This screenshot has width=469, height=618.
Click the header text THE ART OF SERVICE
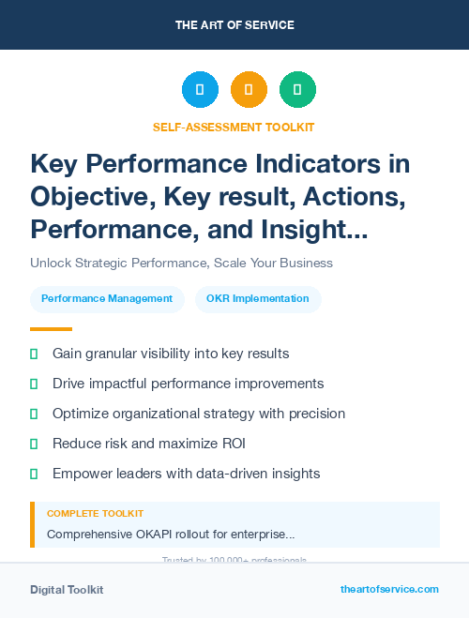(234, 25)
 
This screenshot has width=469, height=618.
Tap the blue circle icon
(200, 90)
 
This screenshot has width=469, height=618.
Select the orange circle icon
(249, 90)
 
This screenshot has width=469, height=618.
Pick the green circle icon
(297, 90)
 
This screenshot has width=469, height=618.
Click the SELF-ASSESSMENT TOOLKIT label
(234, 127)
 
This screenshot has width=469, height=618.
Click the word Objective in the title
(90, 197)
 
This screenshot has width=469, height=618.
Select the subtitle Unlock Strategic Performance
(181, 263)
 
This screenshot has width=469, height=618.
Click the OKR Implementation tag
(258, 299)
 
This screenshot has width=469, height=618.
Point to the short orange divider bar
(51, 329)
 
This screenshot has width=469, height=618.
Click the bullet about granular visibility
(171, 354)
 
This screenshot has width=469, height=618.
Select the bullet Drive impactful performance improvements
(188, 384)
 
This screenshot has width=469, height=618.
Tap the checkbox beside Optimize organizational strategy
(34, 414)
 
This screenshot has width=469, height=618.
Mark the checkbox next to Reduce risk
(34, 444)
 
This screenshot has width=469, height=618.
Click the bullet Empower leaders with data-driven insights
(186, 474)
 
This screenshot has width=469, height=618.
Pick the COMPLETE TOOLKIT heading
(95, 514)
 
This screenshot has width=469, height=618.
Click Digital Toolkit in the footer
(67, 590)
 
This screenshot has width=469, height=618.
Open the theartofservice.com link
(389, 589)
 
